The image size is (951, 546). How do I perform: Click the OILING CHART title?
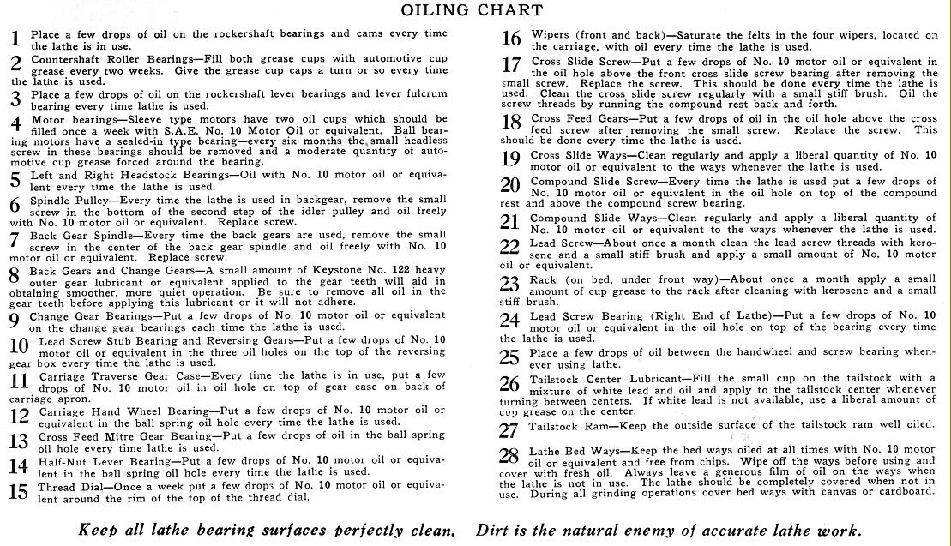click(474, 10)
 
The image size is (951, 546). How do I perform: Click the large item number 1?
click(15, 39)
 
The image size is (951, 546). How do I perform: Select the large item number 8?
click(14, 277)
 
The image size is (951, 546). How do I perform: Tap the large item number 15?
click(18, 492)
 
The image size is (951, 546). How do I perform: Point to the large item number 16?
click(511, 39)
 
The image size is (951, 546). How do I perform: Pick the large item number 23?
click(509, 284)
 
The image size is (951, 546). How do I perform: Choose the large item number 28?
click(509, 455)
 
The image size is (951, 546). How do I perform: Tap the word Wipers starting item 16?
click(551, 34)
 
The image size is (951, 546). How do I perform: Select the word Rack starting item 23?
click(544, 279)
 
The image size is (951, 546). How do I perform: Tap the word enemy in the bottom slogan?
click(667, 530)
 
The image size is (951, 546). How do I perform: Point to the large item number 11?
click(18, 380)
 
